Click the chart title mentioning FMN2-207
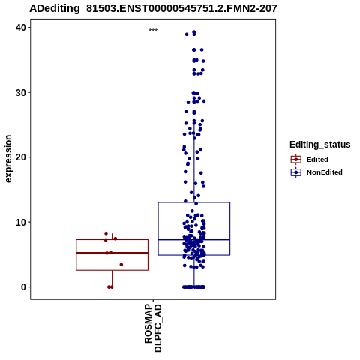[x=153, y=8]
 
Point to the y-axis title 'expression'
[x=8, y=159]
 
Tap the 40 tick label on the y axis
[x=21, y=28]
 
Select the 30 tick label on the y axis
[x=21, y=92]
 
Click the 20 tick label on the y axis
[x=21, y=157]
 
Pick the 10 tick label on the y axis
[x=21, y=222]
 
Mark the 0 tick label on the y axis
[x=24, y=287]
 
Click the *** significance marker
[x=153, y=31]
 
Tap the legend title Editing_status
[x=320, y=145]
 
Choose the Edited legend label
[x=317, y=160]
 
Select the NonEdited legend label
[x=325, y=172]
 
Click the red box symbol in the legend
[x=296, y=160]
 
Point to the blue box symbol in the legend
[x=296, y=172]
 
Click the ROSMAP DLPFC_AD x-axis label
[x=153, y=328]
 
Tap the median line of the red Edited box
[x=112, y=253]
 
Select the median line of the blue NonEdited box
[x=194, y=239]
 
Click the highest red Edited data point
[x=106, y=233]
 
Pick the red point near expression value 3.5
[x=121, y=265]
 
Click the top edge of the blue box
[x=194, y=202]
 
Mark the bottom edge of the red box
[x=112, y=270]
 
